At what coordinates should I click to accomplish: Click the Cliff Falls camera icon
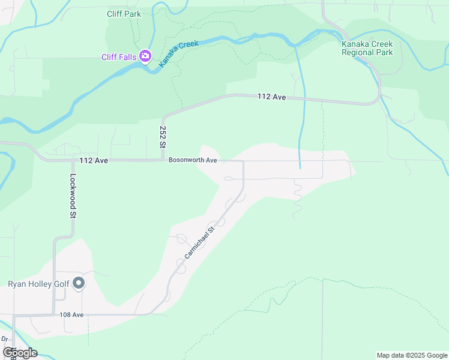[145, 57]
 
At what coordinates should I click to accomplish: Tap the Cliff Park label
[124, 14]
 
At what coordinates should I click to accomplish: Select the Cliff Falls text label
[118, 58]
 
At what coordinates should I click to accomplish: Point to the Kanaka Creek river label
[178, 53]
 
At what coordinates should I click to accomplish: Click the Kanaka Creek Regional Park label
[367, 48]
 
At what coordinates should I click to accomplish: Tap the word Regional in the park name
[358, 52]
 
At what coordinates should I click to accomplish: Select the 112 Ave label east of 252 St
[271, 96]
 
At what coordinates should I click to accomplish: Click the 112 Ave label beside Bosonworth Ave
[93, 161]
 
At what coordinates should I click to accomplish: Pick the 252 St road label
[162, 137]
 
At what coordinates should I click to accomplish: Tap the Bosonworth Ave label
[192, 160]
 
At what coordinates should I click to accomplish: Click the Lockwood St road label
[73, 196]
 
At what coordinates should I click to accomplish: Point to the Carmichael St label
[199, 243]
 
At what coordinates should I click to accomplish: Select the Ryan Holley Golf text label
[38, 284]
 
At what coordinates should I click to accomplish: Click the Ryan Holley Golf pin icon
[79, 284]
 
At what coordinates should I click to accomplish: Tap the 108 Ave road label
[71, 314]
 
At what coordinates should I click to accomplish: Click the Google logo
[20, 352]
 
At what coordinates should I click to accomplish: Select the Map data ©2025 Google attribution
[411, 355]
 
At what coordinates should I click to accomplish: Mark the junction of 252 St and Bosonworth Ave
[163, 160]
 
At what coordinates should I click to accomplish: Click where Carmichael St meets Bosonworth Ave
[243, 161]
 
